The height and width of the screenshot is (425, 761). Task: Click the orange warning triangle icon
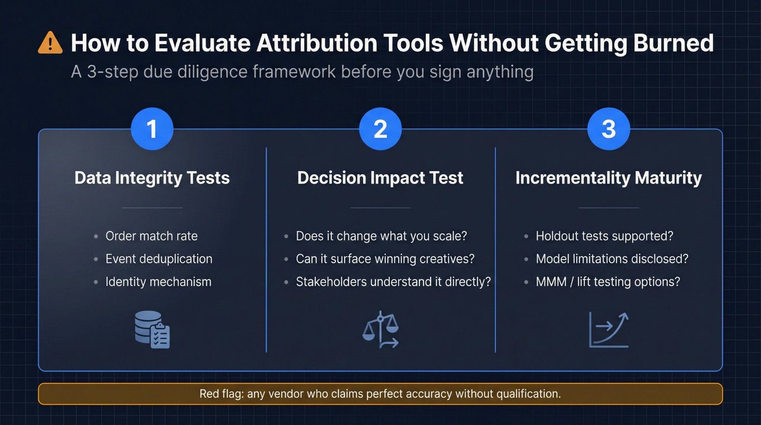click(x=50, y=43)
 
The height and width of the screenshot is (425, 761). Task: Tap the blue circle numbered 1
click(x=152, y=129)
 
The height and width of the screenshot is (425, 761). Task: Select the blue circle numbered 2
click(x=380, y=129)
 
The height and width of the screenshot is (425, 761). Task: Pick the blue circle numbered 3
click(x=609, y=129)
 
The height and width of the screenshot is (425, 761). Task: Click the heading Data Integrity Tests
click(x=152, y=178)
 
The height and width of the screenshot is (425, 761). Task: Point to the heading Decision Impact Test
click(x=380, y=178)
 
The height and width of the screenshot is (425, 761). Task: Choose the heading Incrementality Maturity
click(x=609, y=178)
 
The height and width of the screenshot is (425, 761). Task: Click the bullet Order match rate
click(x=152, y=236)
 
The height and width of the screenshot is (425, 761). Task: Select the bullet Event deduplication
click(x=159, y=259)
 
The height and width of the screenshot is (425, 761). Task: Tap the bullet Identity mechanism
click(x=158, y=282)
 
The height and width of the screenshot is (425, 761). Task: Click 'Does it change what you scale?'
click(x=382, y=236)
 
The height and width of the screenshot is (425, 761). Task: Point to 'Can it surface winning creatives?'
click(x=386, y=259)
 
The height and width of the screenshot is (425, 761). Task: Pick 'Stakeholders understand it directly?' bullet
click(x=393, y=282)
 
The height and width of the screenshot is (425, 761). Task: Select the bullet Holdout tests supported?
click(x=604, y=236)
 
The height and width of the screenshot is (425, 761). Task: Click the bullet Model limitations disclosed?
click(x=612, y=259)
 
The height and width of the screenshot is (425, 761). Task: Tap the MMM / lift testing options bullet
click(x=608, y=282)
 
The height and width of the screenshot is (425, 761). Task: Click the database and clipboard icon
click(x=152, y=330)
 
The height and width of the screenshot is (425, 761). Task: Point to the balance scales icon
click(x=380, y=330)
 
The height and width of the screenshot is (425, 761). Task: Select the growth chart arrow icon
click(x=609, y=330)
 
